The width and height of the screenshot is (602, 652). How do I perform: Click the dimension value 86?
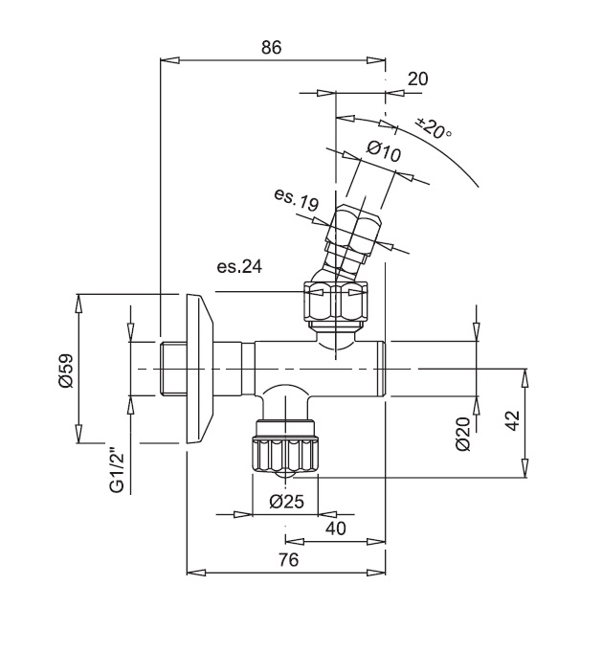[271, 46]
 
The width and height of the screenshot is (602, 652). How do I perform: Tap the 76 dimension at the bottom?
[285, 560]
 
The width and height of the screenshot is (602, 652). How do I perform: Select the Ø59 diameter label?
[65, 371]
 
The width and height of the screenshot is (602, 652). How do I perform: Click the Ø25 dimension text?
[286, 501]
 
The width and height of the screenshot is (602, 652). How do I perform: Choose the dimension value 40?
[336, 528]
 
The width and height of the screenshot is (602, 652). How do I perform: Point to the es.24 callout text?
[239, 267]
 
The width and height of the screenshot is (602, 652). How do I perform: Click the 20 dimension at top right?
[417, 79]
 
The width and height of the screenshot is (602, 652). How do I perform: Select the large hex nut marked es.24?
[335, 301]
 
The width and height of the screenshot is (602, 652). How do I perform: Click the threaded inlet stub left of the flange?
[173, 370]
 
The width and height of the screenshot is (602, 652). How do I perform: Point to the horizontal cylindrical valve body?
[316, 370]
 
